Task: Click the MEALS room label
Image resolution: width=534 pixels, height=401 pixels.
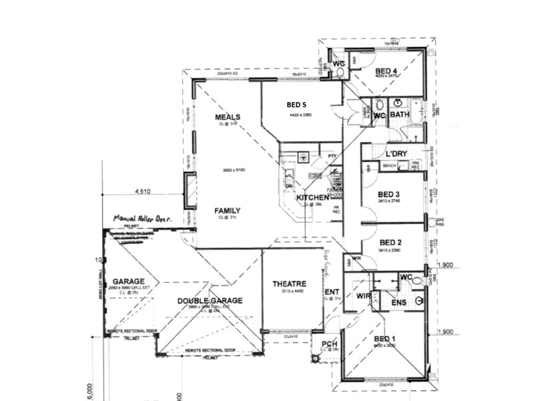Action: pos(227,117)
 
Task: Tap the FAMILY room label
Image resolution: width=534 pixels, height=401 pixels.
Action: pos(227,211)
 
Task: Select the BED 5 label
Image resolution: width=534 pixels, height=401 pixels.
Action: pos(296,105)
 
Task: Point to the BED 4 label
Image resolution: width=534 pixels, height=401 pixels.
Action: pos(386,71)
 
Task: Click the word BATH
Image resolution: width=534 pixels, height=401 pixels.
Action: pos(399,115)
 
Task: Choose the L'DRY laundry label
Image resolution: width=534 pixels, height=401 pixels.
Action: pos(396,154)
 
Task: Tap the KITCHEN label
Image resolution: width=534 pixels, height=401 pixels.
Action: pos(312,198)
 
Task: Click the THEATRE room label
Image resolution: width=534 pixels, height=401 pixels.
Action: pos(289,284)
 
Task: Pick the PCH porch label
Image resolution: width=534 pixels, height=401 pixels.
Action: pos(329,344)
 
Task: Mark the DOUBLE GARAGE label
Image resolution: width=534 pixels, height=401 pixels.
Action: pos(210,301)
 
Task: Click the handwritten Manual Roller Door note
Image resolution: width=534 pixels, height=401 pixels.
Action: pos(143,219)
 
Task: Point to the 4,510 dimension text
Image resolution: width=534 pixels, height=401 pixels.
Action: pos(142,191)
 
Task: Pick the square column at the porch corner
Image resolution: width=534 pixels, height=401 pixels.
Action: pos(314,358)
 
